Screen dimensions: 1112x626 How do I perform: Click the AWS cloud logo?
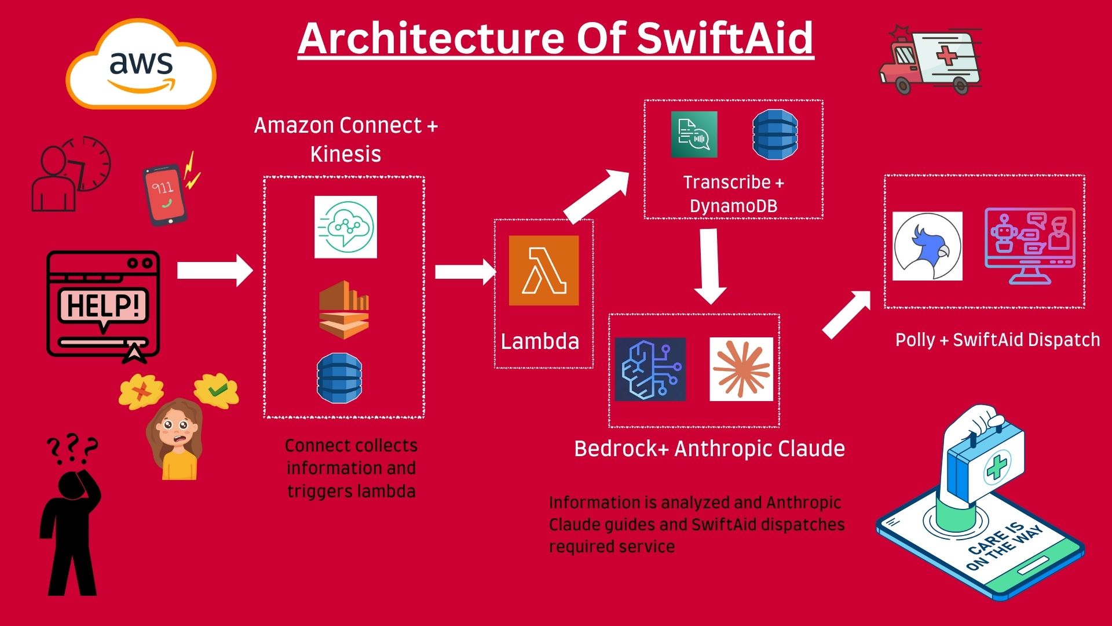click(141, 64)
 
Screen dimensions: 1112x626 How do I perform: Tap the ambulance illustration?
click(930, 60)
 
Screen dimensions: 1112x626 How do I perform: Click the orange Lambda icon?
click(544, 270)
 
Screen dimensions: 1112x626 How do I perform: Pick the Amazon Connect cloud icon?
click(346, 227)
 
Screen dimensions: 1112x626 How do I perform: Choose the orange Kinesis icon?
click(344, 310)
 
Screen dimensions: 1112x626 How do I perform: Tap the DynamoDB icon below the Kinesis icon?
click(339, 378)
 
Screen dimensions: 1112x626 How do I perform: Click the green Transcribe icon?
click(694, 134)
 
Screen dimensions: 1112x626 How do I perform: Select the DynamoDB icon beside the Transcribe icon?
click(775, 134)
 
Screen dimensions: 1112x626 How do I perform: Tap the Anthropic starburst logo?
click(741, 369)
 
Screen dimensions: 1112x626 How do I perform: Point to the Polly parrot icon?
click(927, 246)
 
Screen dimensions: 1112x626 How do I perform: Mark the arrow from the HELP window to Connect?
click(215, 270)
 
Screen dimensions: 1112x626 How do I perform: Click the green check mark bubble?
click(217, 391)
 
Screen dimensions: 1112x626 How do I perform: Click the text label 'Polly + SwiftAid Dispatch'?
click(997, 340)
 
